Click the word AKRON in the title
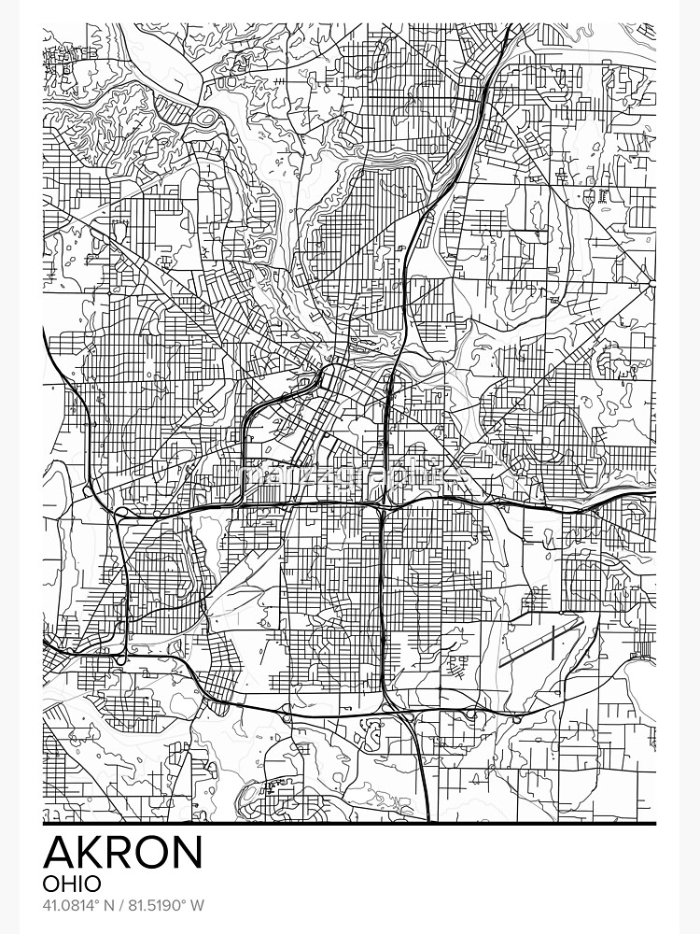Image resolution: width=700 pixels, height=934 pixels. click(122, 851)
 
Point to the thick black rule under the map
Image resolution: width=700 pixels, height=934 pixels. click(349, 824)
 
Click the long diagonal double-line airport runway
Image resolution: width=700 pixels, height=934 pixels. click(541, 640)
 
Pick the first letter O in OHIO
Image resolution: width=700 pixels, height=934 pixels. click(52, 883)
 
